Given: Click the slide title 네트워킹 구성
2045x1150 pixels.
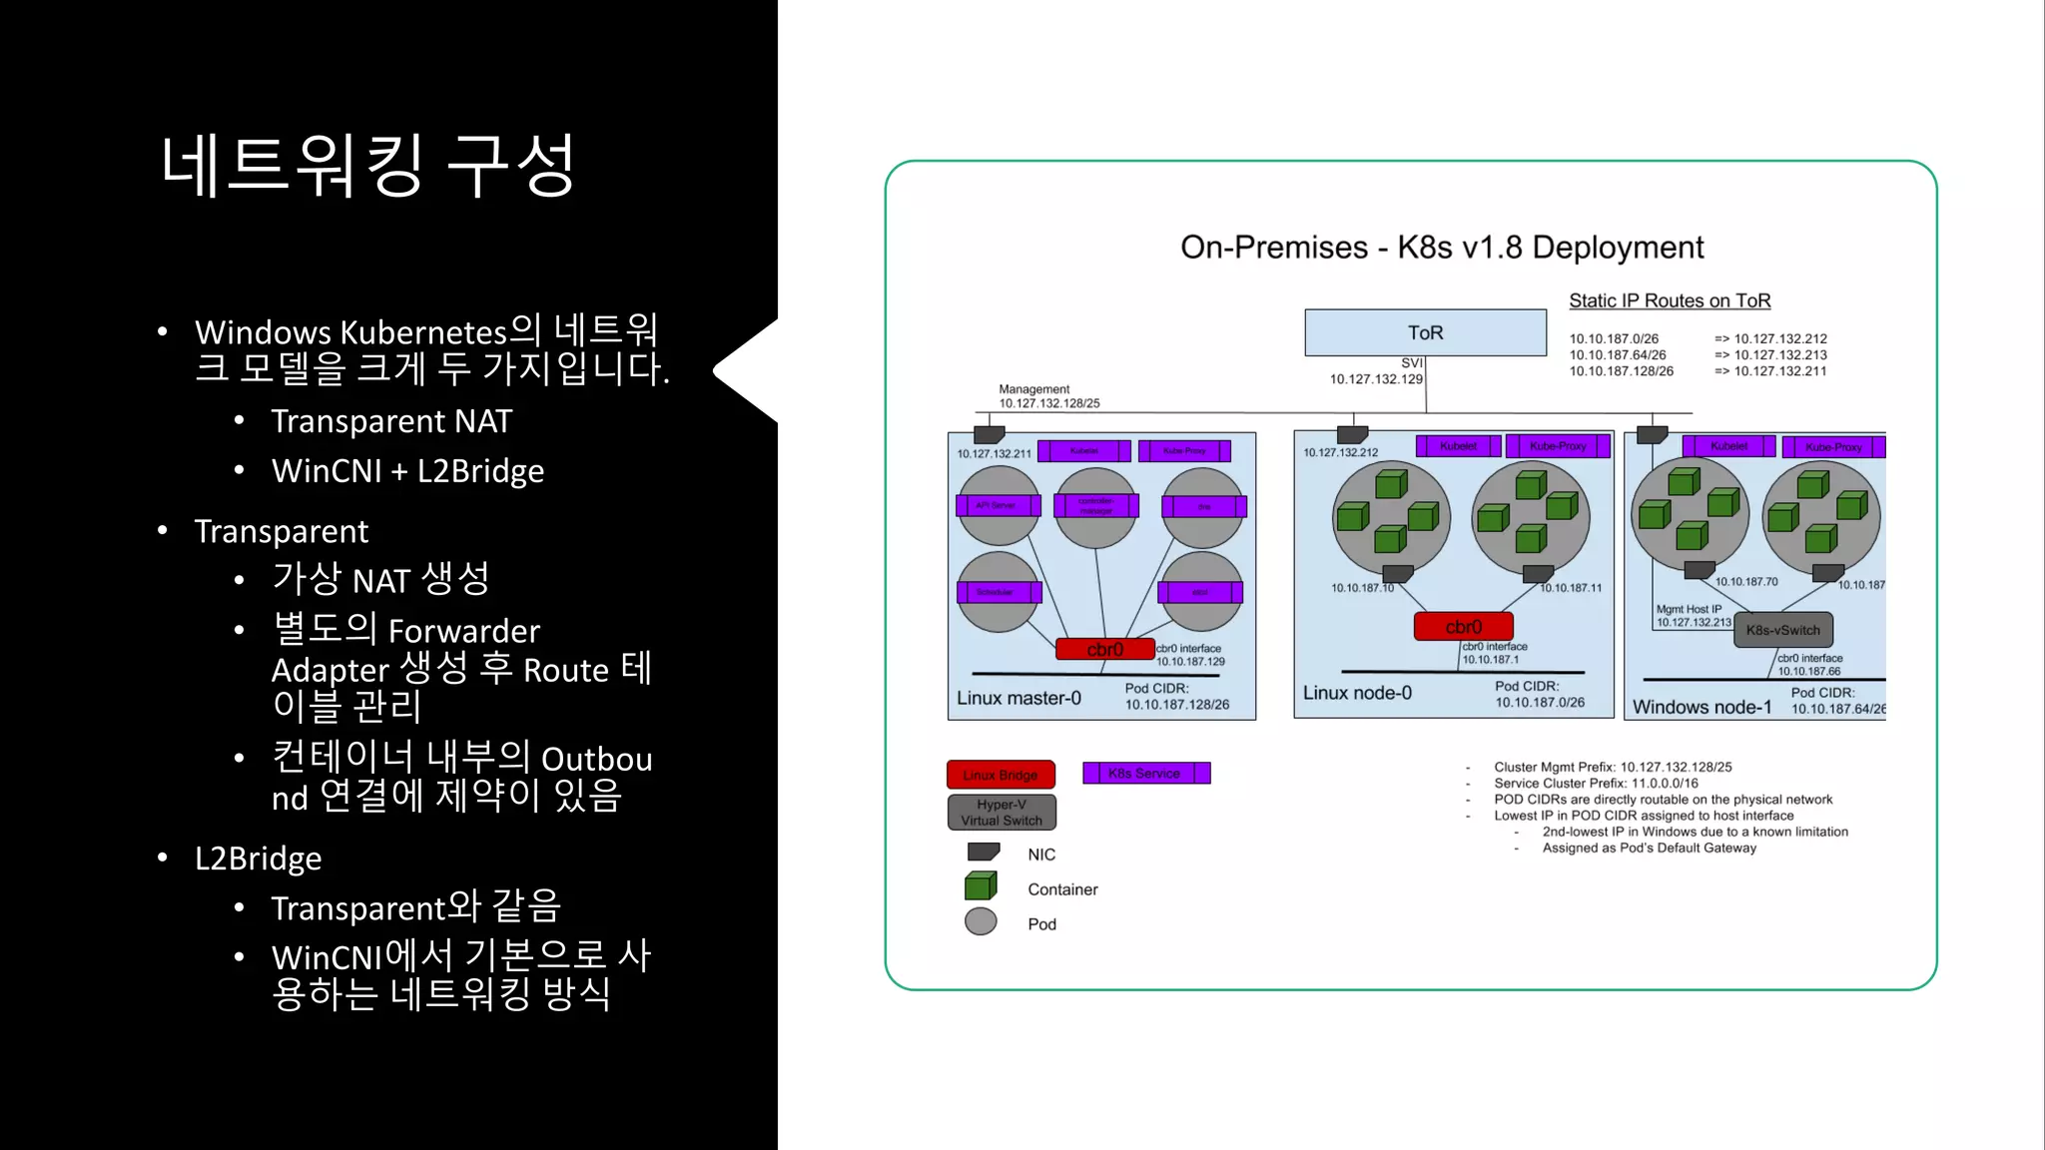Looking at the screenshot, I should [367, 166].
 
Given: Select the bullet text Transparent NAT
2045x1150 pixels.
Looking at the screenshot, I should [391, 421].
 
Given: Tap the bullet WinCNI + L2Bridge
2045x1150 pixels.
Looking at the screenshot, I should [407, 471].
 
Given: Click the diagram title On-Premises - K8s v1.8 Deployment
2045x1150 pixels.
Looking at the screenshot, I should [1441, 248].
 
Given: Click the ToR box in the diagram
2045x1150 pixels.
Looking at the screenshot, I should [1425, 332].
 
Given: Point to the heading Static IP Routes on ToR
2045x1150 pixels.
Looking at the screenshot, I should [1669, 300].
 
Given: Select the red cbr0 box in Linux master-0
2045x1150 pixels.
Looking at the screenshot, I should [1105, 649].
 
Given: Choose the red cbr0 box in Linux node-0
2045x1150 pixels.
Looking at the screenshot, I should [1463, 627].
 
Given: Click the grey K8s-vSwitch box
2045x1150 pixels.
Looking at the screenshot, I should [1782, 630].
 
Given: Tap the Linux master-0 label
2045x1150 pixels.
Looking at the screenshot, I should [1019, 698].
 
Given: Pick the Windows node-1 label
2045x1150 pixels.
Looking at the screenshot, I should [1702, 707].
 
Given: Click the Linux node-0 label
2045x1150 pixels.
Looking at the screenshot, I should [1357, 693].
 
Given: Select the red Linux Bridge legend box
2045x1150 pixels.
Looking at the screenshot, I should [1001, 775].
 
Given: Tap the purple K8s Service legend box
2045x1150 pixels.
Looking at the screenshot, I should [1145, 773].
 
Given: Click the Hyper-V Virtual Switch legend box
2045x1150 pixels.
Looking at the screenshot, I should [1001, 813].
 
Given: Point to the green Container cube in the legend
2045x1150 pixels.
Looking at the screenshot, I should [981, 886].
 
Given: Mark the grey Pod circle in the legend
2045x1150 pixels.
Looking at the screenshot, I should [981, 921].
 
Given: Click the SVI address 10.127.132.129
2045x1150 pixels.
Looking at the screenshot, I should [1375, 379].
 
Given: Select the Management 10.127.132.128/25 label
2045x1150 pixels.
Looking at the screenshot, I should [1048, 396].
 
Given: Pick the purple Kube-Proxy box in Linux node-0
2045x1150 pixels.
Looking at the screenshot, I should [1558, 446].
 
